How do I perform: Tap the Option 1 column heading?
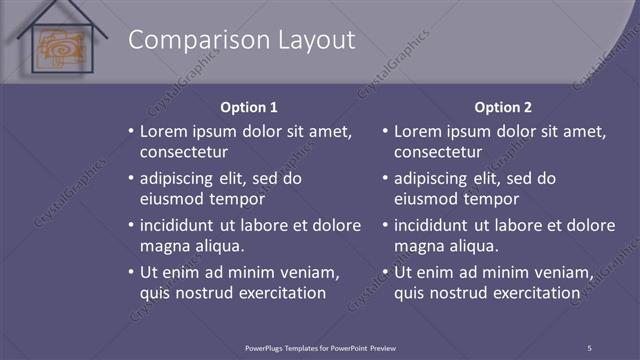(248, 107)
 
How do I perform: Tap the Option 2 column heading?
(503, 107)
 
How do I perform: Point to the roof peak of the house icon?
(61, 5)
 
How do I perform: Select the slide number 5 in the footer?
(589, 347)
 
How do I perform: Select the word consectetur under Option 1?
(183, 153)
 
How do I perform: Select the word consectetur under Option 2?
(438, 153)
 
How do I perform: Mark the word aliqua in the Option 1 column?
(220, 246)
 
